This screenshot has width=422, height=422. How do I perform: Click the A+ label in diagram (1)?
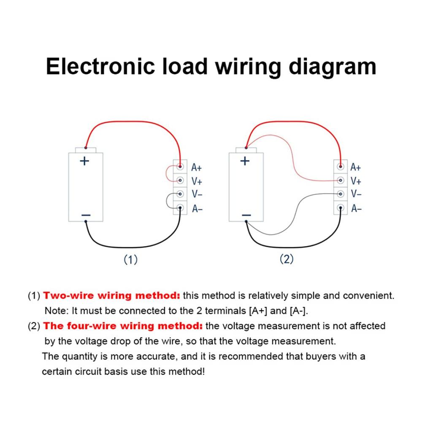[197, 168]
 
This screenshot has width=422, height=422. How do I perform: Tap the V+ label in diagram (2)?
[356, 181]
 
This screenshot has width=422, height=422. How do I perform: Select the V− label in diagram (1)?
[197, 194]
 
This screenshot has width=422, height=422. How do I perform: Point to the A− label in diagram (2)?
[356, 208]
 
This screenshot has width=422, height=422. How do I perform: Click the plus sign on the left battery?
[84, 161]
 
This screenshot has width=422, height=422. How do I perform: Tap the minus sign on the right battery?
[246, 215]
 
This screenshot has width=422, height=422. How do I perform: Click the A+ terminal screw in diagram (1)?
[180, 167]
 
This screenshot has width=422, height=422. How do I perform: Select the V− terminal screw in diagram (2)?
[341, 194]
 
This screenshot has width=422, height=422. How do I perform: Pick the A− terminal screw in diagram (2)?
[341, 208]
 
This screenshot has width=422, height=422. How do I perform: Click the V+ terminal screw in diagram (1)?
[180, 180]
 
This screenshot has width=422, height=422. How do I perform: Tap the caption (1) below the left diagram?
[130, 260]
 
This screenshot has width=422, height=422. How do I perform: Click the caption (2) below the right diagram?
[287, 259]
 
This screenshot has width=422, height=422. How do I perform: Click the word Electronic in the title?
[100, 67]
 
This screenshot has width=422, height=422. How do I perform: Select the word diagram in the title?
[332, 67]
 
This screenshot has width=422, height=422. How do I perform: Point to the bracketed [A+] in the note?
[258, 311]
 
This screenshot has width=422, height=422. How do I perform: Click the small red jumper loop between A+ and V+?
[166, 173]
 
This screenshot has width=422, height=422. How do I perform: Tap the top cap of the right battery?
[246, 150]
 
